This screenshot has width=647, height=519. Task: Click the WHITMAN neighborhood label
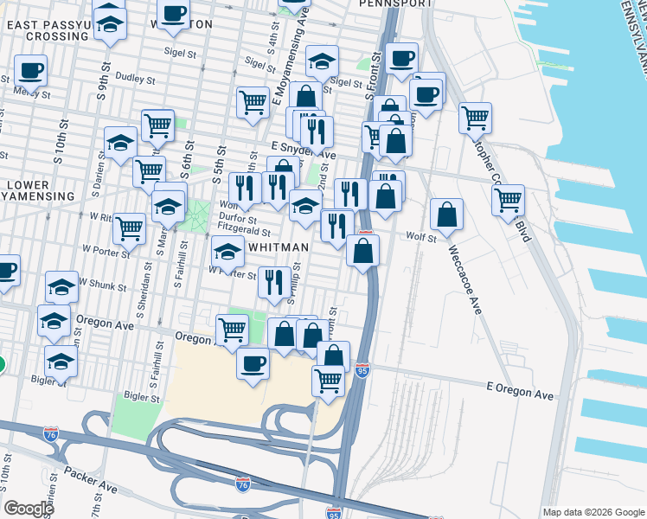(278, 247)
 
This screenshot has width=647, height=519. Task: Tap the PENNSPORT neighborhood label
(395, 3)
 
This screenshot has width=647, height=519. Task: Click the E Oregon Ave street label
(519, 394)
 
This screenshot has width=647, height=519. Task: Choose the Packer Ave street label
(89, 476)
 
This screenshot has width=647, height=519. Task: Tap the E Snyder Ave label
(301, 148)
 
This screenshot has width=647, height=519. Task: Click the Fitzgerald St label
(245, 232)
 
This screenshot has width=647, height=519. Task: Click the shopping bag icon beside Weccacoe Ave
(446, 215)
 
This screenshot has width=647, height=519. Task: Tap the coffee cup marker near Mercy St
(30, 70)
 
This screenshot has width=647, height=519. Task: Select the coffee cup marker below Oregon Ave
(253, 362)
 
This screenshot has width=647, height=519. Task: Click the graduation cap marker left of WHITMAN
(227, 253)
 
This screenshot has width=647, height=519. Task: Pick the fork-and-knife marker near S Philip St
(274, 280)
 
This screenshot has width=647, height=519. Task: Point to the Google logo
(29, 509)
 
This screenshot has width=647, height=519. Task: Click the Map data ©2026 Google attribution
(593, 512)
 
